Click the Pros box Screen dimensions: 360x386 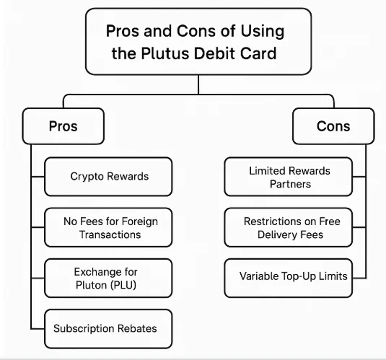point(63,126)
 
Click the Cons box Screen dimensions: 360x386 point(333,126)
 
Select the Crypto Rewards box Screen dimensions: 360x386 point(109,177)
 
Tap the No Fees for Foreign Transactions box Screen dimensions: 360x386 point(109,227)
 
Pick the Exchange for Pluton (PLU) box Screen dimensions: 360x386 point(109,278)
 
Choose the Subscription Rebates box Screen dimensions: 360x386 point(109,328)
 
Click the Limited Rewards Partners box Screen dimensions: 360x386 point(289,177)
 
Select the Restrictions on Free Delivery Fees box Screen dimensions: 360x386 point(289,227)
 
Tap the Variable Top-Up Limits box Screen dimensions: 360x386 point(289,276)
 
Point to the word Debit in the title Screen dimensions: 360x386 point(222,53)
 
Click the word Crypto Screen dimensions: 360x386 point(87,177)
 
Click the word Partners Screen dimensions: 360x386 point(289,183)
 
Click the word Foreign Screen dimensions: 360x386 point(139,221)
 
